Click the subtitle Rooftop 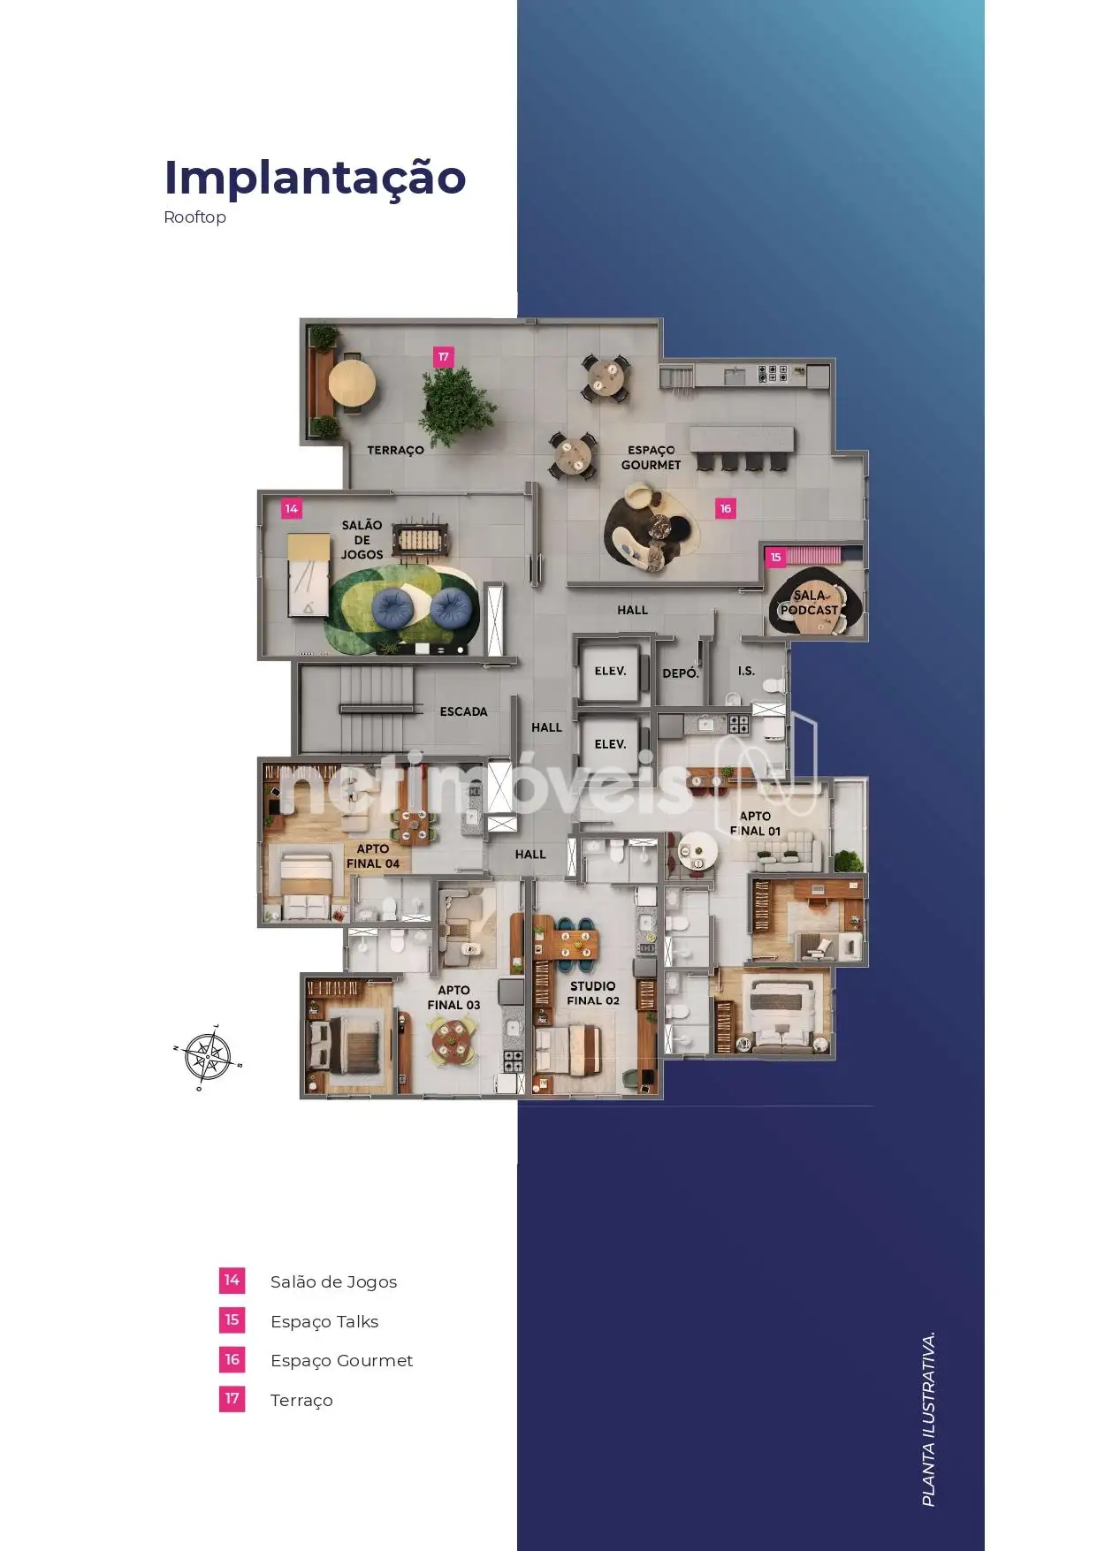point(194,217)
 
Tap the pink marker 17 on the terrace point(444,357)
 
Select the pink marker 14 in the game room point(292,509)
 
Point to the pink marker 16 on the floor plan point(726,509)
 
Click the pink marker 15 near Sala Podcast point(775,557)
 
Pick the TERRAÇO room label point(395,451)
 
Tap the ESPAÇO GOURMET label point(651,458)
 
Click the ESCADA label point(464,711)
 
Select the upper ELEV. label point(611,671)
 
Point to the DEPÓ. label point(681,673)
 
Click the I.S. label point(747,671)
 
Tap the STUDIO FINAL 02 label point(593,993)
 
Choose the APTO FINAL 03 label point(453,998)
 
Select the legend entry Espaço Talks point(324,1322)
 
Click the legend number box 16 point(232,1359)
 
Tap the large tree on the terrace point(456,406)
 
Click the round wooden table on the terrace point(352,384)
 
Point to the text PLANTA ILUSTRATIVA point(928,1418)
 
